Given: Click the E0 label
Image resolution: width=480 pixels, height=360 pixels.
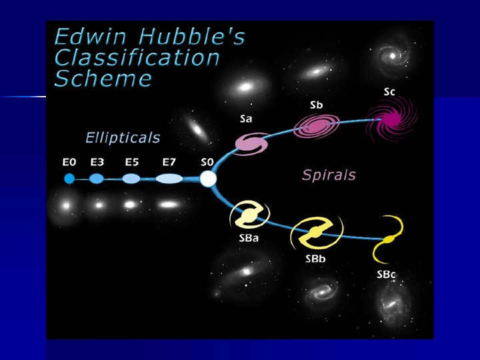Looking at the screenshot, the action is click(69, 162).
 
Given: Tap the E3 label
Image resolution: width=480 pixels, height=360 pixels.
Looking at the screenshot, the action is click(97, 162).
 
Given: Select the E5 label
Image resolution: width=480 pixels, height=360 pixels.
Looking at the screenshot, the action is click(132, 162).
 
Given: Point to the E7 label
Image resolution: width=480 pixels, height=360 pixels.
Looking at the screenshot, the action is click(169, 162).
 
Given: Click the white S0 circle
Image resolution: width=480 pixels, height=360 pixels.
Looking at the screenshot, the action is click(208, 179).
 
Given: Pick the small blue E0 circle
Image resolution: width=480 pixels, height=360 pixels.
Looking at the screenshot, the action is click(69, 179).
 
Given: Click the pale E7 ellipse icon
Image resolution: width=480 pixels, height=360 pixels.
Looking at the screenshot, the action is click(169, 179).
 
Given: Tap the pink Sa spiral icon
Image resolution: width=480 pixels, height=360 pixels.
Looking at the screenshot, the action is click(251, 143).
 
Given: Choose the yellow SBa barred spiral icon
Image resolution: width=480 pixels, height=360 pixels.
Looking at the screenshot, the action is click(249, 215).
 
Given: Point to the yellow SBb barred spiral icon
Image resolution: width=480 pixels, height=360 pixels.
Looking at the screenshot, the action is click(317, 233).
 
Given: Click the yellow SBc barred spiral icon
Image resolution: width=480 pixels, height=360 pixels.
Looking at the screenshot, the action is click(388, 239).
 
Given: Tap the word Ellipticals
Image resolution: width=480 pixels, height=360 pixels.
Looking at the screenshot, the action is click(123, 137).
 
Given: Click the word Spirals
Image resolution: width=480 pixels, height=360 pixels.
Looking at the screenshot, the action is click(329, 175).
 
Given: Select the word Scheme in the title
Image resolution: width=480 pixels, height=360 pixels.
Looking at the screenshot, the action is click(103, 79).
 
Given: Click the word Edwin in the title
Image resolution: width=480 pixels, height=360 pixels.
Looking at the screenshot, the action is click(91, 37).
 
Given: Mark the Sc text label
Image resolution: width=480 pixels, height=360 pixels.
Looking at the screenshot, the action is click(389, 92).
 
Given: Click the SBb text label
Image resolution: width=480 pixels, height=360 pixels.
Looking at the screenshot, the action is click(315, 259).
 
